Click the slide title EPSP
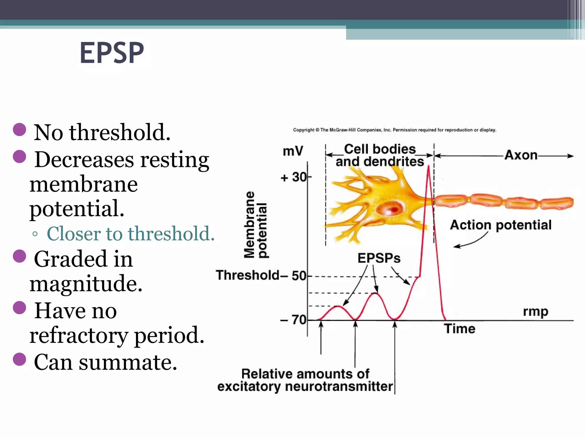coord(112,53)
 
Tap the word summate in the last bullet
coord(128,362)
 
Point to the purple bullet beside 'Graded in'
coord(19,256)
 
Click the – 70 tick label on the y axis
coord(293,320)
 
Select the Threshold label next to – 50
coord(247,275)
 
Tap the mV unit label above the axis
coord(292,151)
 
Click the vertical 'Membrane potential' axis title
coord(256,225)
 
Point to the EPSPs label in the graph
coord(379,258)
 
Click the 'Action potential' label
coord(500,225)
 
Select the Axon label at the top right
coord(521,155)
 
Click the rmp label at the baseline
coord(535,312)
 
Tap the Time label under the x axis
coord(460,329)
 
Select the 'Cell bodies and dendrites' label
coord(380,155)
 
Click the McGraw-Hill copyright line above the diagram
coord(394,130)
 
